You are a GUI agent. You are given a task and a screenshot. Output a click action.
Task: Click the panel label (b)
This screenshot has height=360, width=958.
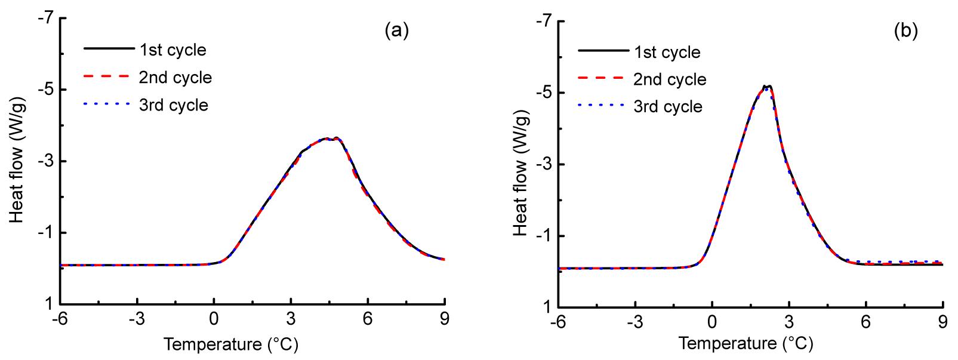905,31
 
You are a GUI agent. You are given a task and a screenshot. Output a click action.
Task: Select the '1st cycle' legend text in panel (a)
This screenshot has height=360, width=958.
173,50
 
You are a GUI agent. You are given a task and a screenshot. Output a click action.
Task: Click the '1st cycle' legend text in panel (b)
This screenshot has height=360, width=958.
667,52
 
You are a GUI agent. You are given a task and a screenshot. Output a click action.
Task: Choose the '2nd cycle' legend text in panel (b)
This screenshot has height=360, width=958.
670,79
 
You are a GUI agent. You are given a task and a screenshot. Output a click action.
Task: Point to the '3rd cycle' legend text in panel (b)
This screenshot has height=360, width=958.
669,107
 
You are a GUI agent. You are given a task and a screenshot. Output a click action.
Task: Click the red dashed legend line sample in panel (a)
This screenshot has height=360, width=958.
109,77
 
